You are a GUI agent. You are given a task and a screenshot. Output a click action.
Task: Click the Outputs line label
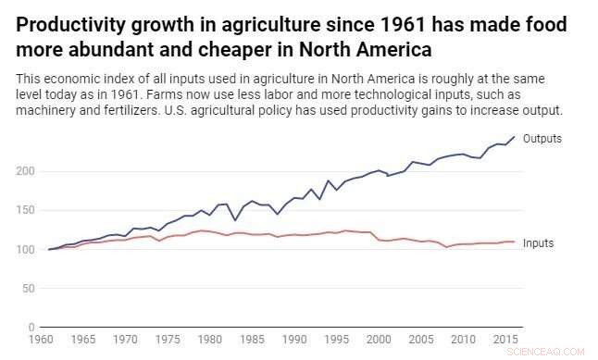coord(542,138)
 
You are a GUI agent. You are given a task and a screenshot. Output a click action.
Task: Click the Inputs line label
coord(539,243)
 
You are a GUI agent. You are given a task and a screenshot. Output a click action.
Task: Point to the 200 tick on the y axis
coord(26,171)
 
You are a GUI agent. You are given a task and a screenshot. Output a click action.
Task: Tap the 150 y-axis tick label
coord(26,210)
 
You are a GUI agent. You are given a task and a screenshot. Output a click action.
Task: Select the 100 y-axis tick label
coord(26,249)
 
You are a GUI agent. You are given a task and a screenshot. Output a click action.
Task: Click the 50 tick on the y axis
coord(29,288)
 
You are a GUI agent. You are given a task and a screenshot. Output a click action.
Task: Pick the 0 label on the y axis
coord(31,327)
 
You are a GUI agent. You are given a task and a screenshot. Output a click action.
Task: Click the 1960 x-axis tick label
coord(41,341)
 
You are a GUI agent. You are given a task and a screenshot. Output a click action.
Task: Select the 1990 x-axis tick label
coord(293,341)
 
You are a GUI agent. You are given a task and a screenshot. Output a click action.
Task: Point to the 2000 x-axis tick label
coord(379,341)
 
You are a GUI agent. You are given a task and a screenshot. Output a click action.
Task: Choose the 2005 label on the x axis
coord(421,341)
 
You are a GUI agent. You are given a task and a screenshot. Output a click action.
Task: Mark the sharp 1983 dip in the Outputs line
coord(234,220)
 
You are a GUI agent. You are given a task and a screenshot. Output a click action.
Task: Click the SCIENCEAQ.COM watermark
coord(554,351)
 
